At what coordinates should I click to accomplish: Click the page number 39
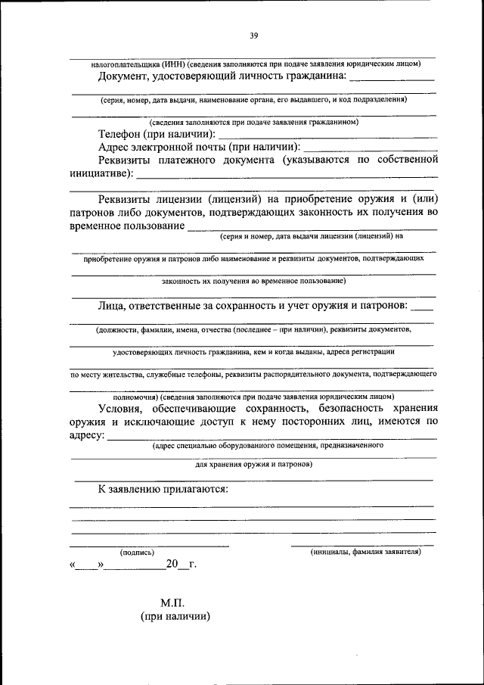click(254, 34)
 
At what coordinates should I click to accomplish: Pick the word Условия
click(126, 409)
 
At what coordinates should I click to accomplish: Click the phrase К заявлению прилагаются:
click(163, 489)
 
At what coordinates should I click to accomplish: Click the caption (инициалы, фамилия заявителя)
click(365, 553)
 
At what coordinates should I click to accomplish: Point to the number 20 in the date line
click(172, 565)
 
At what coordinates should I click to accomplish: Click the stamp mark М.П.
click(172, 603)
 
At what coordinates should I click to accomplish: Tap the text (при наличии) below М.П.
click(175, 617)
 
